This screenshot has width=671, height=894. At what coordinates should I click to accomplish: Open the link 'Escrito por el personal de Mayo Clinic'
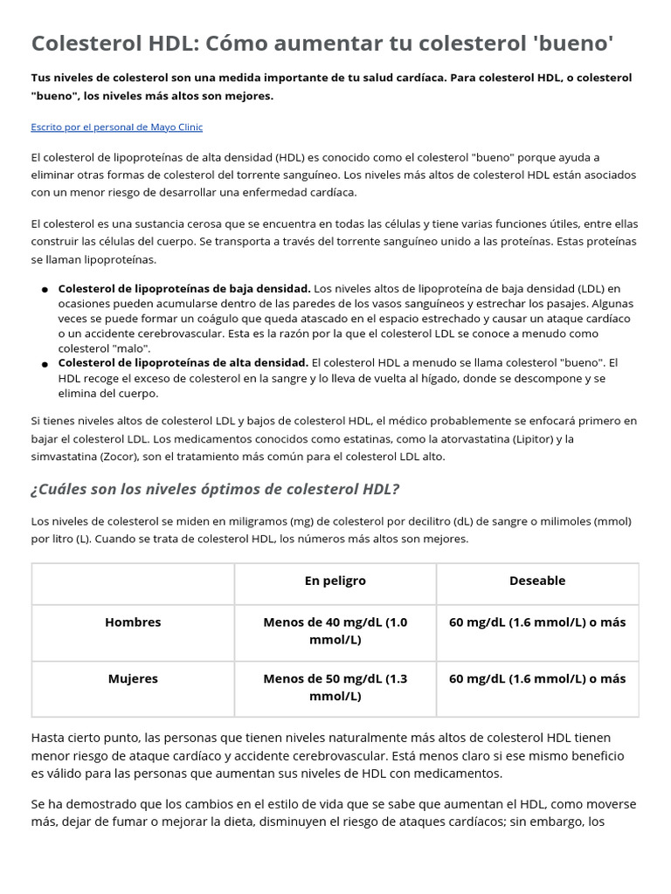point(116,127)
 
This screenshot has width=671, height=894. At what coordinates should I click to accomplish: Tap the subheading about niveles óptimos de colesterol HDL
point(215,488)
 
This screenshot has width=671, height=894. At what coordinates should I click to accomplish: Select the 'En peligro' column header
point(335,581)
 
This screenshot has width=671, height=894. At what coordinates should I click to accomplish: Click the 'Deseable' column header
point(537,581)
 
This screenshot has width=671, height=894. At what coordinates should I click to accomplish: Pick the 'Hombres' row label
point(133,622)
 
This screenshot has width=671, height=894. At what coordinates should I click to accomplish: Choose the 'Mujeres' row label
point(133,678)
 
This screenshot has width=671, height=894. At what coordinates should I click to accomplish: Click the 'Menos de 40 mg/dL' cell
point(335,631)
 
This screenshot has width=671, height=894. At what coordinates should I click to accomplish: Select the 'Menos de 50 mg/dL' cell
point(335,687)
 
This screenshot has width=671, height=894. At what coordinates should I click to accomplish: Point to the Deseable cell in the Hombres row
point(537,622)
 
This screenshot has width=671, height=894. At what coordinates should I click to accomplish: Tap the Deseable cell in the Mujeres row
point(537,678)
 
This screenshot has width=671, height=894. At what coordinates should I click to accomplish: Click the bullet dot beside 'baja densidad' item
point(44,289)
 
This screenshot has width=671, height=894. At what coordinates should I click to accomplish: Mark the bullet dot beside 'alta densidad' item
point(44,363)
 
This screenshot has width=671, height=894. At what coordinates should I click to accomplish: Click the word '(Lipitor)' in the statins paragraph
point(538,438)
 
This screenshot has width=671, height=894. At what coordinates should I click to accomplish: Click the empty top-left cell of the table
point(133,583)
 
